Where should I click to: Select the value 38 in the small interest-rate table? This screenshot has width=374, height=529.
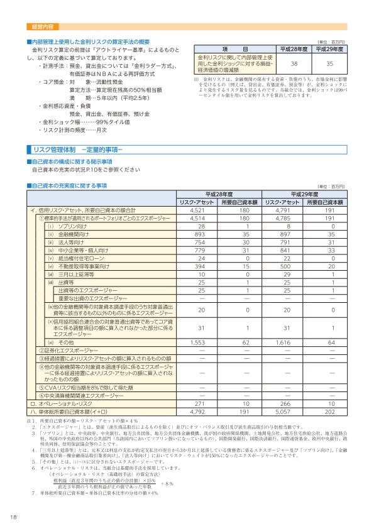(x=294, y=64)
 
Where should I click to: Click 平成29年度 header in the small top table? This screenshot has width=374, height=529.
(x=330, y=48)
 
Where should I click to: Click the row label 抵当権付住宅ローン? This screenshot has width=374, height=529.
(x=79, y=258)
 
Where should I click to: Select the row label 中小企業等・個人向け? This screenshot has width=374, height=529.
(x=82, y=250)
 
